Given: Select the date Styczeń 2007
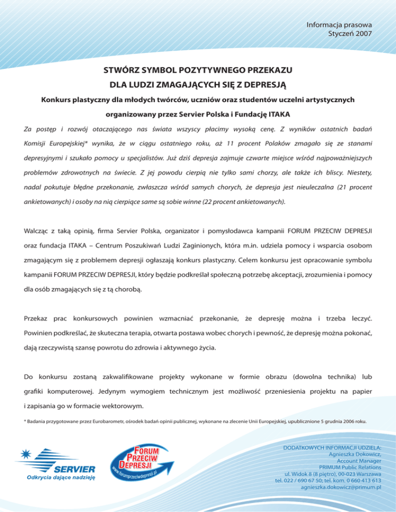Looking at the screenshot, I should (350, 33).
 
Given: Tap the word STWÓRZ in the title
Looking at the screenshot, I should (121, 68).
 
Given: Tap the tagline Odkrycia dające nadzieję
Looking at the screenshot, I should (57, 476).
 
